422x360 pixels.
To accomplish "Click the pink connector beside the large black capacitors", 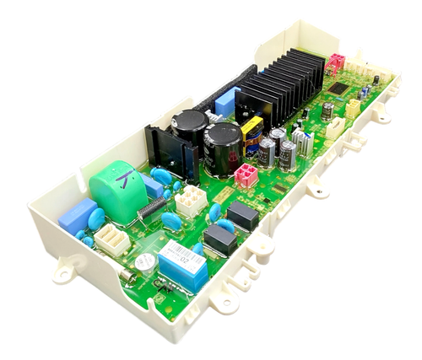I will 246,175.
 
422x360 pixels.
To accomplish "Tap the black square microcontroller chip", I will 338,88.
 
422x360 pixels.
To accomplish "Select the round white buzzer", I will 144,262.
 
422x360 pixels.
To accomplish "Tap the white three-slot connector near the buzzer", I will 111,241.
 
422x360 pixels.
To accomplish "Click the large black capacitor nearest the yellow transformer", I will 223,147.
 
